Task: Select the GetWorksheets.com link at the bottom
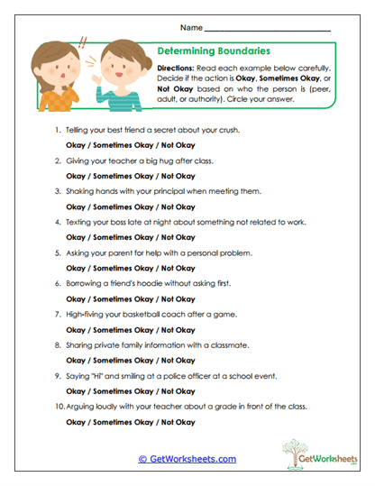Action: pyautogui.click(x=187, y=459)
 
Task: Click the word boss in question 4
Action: pyautogui.click(x=124, y=222)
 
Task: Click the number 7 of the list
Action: pyautogui.click(x=57, y=314)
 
